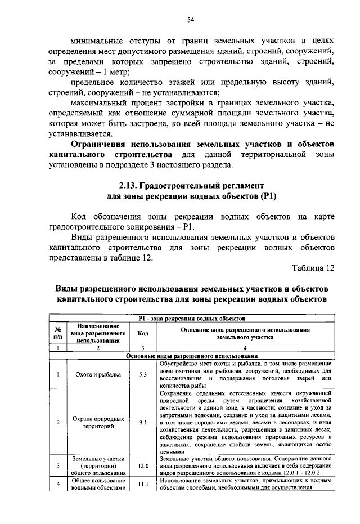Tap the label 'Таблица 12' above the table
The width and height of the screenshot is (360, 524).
coord(313,268)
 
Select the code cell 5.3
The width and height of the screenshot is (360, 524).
coord(143,374)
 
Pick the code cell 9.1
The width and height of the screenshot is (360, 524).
coord(143,422)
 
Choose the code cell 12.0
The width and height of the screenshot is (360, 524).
coord(143,466)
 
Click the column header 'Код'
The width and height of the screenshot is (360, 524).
coord(143,333)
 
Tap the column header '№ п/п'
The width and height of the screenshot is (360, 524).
coord(57,333)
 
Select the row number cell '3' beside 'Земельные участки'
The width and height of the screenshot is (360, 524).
coord(57,466)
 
